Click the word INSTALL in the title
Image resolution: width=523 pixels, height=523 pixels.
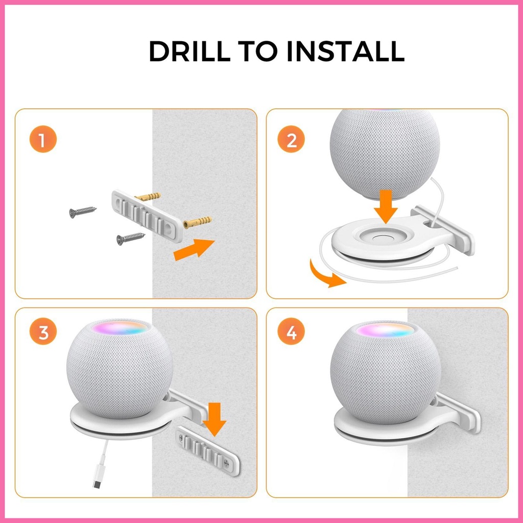[x=345, y=51]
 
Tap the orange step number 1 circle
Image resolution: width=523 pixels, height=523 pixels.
[x=43, y=139]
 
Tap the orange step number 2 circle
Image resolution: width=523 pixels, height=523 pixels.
[x=291, y=139]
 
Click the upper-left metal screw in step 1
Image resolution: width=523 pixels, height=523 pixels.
[x=83, y=211]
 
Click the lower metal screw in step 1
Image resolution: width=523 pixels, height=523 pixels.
[x=130, y=238]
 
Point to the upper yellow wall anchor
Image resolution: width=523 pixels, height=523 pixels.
[x=148, y=197]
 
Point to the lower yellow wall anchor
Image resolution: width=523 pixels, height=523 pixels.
[x=197, y=222]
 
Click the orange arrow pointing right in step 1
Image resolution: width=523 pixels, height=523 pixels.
[x=194, y=249]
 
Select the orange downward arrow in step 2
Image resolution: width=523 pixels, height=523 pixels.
[x=386, y=207]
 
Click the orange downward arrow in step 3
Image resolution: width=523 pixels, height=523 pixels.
[x=215, y=419]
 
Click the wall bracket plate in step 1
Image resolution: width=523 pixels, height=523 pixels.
[x=147, y=216]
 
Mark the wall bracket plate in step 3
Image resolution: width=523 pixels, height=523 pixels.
[x=207, y=450]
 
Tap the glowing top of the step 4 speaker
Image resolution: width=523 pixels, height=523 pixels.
[x=385, y=330]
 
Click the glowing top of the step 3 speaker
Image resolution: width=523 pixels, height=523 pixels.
[x=121, y=328]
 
